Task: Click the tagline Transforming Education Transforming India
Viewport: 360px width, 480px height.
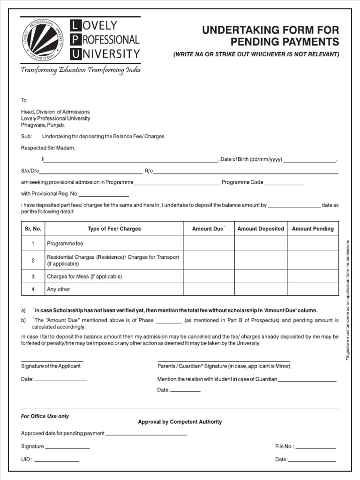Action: [x=80, y=70]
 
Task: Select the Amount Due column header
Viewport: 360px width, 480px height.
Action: [x=209, y=229]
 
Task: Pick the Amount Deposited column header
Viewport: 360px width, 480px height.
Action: [x=261, y=229]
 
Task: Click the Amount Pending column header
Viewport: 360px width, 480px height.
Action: [x=313, y=229]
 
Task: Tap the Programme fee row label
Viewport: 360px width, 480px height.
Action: [x=65, y=244]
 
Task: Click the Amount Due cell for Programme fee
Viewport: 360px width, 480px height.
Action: [x=209, y=244]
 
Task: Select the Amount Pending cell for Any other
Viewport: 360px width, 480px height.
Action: [x=313, y=289]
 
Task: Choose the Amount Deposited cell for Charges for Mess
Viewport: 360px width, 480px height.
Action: [x=261, y=277]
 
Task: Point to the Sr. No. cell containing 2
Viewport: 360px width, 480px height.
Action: [x=33, y=260]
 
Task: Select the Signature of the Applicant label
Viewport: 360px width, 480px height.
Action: [x=51, y=366]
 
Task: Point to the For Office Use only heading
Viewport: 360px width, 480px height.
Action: [x=45, y=416]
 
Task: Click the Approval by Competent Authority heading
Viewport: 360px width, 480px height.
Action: [x=180, y=422]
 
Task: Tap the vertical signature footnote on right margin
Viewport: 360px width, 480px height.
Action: [x=347, y=300]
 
